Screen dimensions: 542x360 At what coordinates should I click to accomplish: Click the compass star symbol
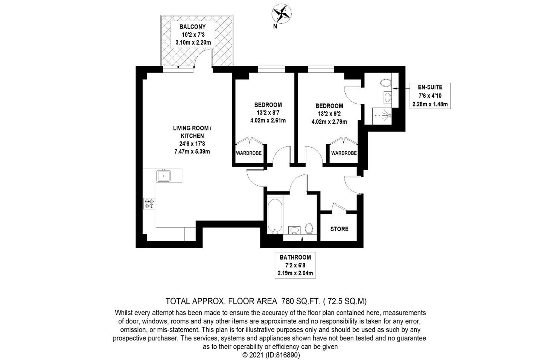pos(282,14)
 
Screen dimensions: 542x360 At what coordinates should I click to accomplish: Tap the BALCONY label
pos(193,27)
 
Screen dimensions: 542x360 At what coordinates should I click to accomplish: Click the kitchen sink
pos(164,176)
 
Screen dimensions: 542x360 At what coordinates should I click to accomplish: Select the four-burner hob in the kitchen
pos(149,204)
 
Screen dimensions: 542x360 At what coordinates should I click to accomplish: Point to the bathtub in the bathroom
pos(275,215)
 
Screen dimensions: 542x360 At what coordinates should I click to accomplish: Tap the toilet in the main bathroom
pos(309,228)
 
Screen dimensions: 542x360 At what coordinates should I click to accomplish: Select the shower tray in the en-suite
pos(382,116)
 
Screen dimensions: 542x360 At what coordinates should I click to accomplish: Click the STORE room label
pos(339,229)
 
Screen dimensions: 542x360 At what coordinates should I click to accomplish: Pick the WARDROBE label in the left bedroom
pos(249,153)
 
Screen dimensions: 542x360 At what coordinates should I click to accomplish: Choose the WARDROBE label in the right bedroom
pos(344,153)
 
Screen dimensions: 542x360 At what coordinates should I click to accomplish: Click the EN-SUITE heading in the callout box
pos(430,87)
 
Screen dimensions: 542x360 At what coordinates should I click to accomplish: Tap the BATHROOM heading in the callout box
pos(295,257)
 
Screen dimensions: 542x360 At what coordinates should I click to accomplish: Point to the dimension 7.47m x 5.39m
pos(192,152)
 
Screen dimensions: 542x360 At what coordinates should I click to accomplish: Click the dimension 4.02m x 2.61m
pos(268,120)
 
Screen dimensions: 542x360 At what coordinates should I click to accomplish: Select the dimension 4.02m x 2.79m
pos(329,122)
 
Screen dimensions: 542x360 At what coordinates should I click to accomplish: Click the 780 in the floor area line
pos(288,301)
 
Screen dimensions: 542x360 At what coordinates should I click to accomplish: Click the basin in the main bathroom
pos(294,230)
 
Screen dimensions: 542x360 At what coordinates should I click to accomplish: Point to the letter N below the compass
pos(275,27)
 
